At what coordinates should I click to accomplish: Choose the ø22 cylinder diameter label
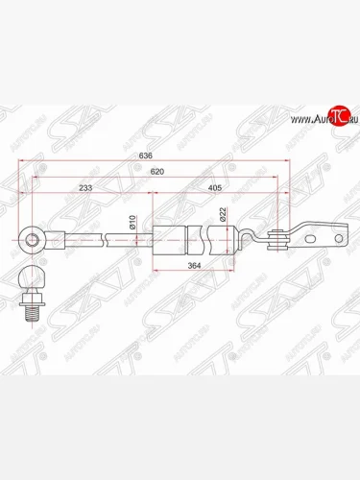[x=222, y=216]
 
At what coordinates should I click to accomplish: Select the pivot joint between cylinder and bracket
[x=279, y=242]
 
